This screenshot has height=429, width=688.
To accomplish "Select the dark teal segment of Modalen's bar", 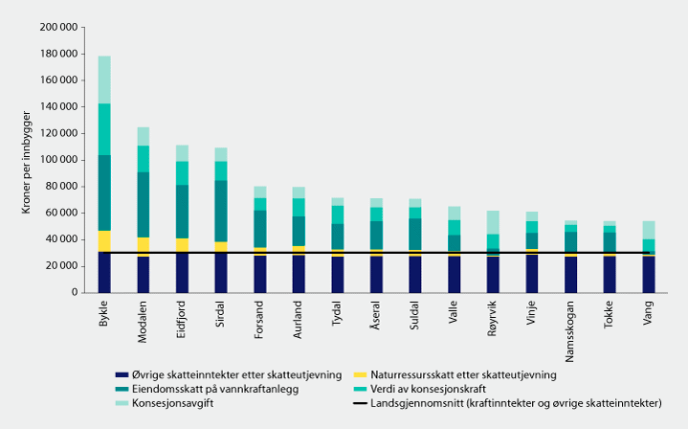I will [144, 204].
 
